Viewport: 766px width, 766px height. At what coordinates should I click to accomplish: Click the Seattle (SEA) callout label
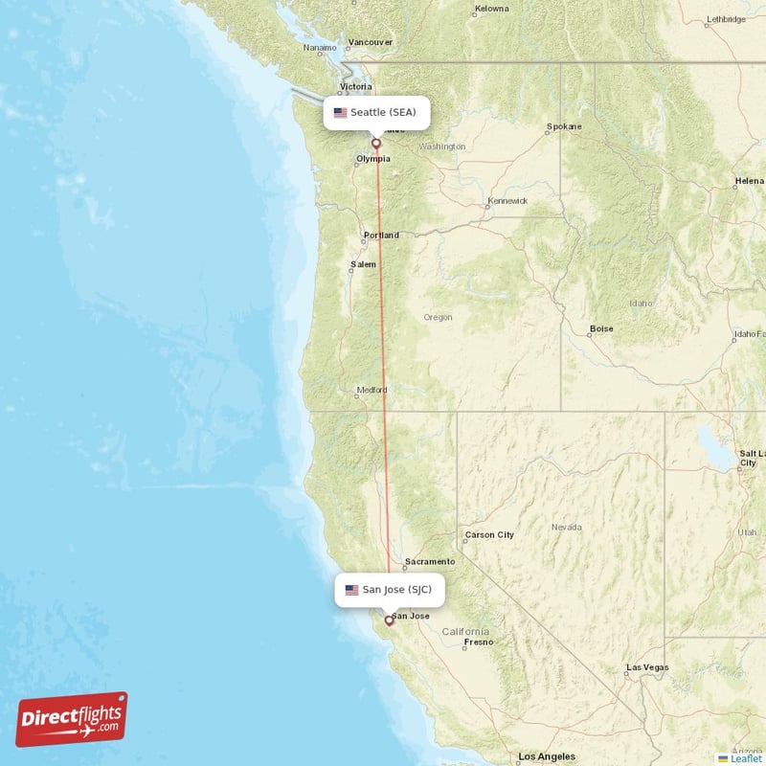[375, 112]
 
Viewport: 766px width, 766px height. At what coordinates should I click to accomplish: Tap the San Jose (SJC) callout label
[389, 590]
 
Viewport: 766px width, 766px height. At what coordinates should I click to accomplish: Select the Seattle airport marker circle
[376, 144]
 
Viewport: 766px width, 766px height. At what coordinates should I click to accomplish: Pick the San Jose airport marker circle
[389, 620]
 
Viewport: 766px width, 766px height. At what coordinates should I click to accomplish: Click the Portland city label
[381, 236]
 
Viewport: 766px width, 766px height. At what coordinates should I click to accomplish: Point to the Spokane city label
[563, 126]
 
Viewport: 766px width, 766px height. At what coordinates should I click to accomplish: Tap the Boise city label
[601, 328]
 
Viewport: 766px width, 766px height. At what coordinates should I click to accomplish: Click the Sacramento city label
[429, 561]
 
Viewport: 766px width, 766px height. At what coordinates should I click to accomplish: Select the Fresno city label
[479, 642]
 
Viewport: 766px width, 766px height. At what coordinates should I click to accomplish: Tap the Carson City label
[489, 534]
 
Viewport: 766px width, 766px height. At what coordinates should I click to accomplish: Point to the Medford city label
[372, 390]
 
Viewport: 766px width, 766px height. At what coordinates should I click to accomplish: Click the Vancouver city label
[371, 42]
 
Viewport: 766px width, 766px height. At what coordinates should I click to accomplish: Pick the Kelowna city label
[492, 10]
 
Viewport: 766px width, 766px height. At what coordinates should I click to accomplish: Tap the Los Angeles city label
[547, 756]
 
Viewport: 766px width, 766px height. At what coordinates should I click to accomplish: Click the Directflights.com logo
[72, 720]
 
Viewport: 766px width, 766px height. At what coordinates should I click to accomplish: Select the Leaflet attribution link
[744, 758]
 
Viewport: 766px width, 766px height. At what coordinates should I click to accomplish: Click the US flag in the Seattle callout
[340, 112]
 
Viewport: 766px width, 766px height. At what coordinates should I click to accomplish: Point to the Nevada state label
[566, 528]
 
